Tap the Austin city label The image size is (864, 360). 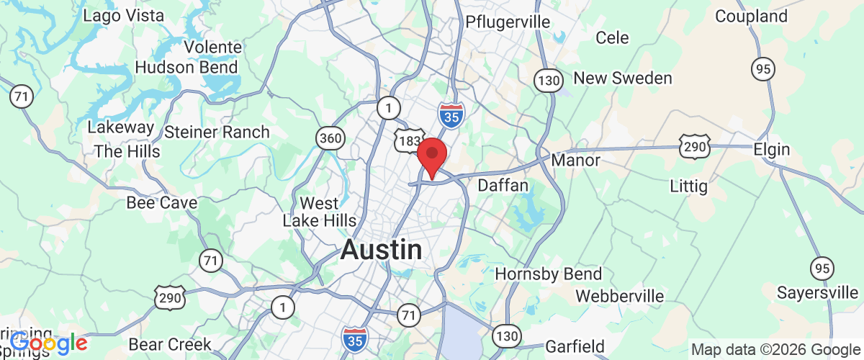click(381, 251)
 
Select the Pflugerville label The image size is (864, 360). click(508, 21)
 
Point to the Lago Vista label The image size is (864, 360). click(124, 15)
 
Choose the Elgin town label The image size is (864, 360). click(771, 150)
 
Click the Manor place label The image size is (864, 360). click(575, 160)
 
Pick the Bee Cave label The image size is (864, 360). click(161, 203)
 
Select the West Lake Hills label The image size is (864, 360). click(319, 212)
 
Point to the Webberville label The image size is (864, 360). click(620, 296)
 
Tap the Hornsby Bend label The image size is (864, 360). click(548, 274)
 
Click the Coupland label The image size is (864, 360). click(751, 16)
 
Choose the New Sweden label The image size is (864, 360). click(623, 78)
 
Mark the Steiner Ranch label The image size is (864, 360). click(217, 132)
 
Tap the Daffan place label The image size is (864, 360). click(503, 186)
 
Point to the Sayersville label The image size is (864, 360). click(817, 293)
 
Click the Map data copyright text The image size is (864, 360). click(775, 349)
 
